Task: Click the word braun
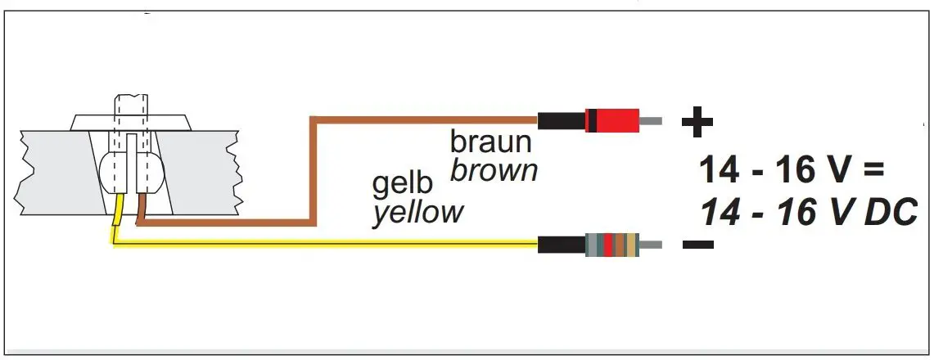(490, 142)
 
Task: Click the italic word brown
(494, 171)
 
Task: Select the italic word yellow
(417, 214)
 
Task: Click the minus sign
(697, 244)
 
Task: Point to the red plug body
(611, 121)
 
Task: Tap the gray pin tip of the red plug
(651, 121)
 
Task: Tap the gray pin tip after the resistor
(651, 244)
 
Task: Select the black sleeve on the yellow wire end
(562, 244)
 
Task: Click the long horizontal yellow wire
(327, 242)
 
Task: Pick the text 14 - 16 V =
(792, 173)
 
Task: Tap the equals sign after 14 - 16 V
(873, 173)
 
